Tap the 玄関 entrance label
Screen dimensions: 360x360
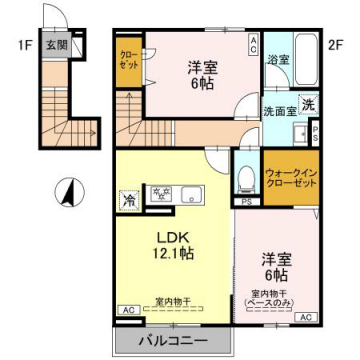pos(56,46)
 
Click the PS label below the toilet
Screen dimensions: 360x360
pos(246,204)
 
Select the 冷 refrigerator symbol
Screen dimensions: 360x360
pos(129,198)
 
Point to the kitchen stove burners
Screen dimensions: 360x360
pos(160,195)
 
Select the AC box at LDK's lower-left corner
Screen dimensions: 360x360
pos(127,311)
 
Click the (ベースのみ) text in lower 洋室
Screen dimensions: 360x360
pos(271,303)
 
